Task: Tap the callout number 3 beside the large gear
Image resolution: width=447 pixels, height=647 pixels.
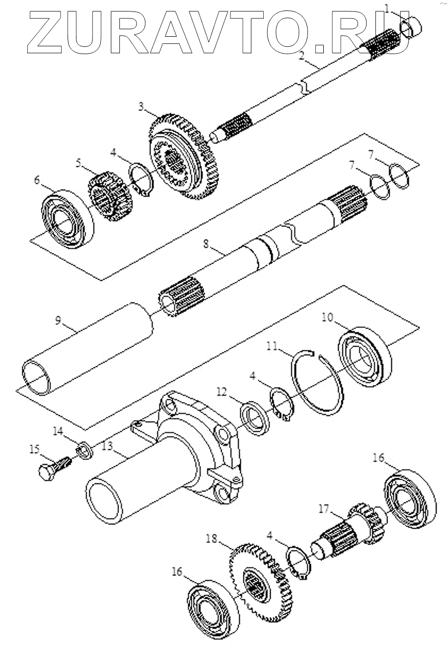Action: click(142, 107)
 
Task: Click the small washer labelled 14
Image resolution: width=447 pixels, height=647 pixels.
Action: click(84, 451)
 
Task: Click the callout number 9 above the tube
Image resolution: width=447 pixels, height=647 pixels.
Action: click(59, 320)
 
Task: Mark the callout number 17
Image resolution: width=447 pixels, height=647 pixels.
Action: click(324, 509)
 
